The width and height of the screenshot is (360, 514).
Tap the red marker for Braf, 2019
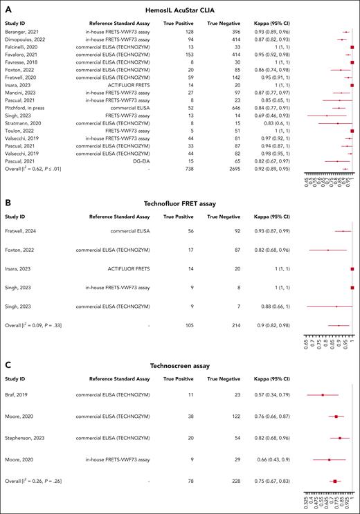(322, 395)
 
